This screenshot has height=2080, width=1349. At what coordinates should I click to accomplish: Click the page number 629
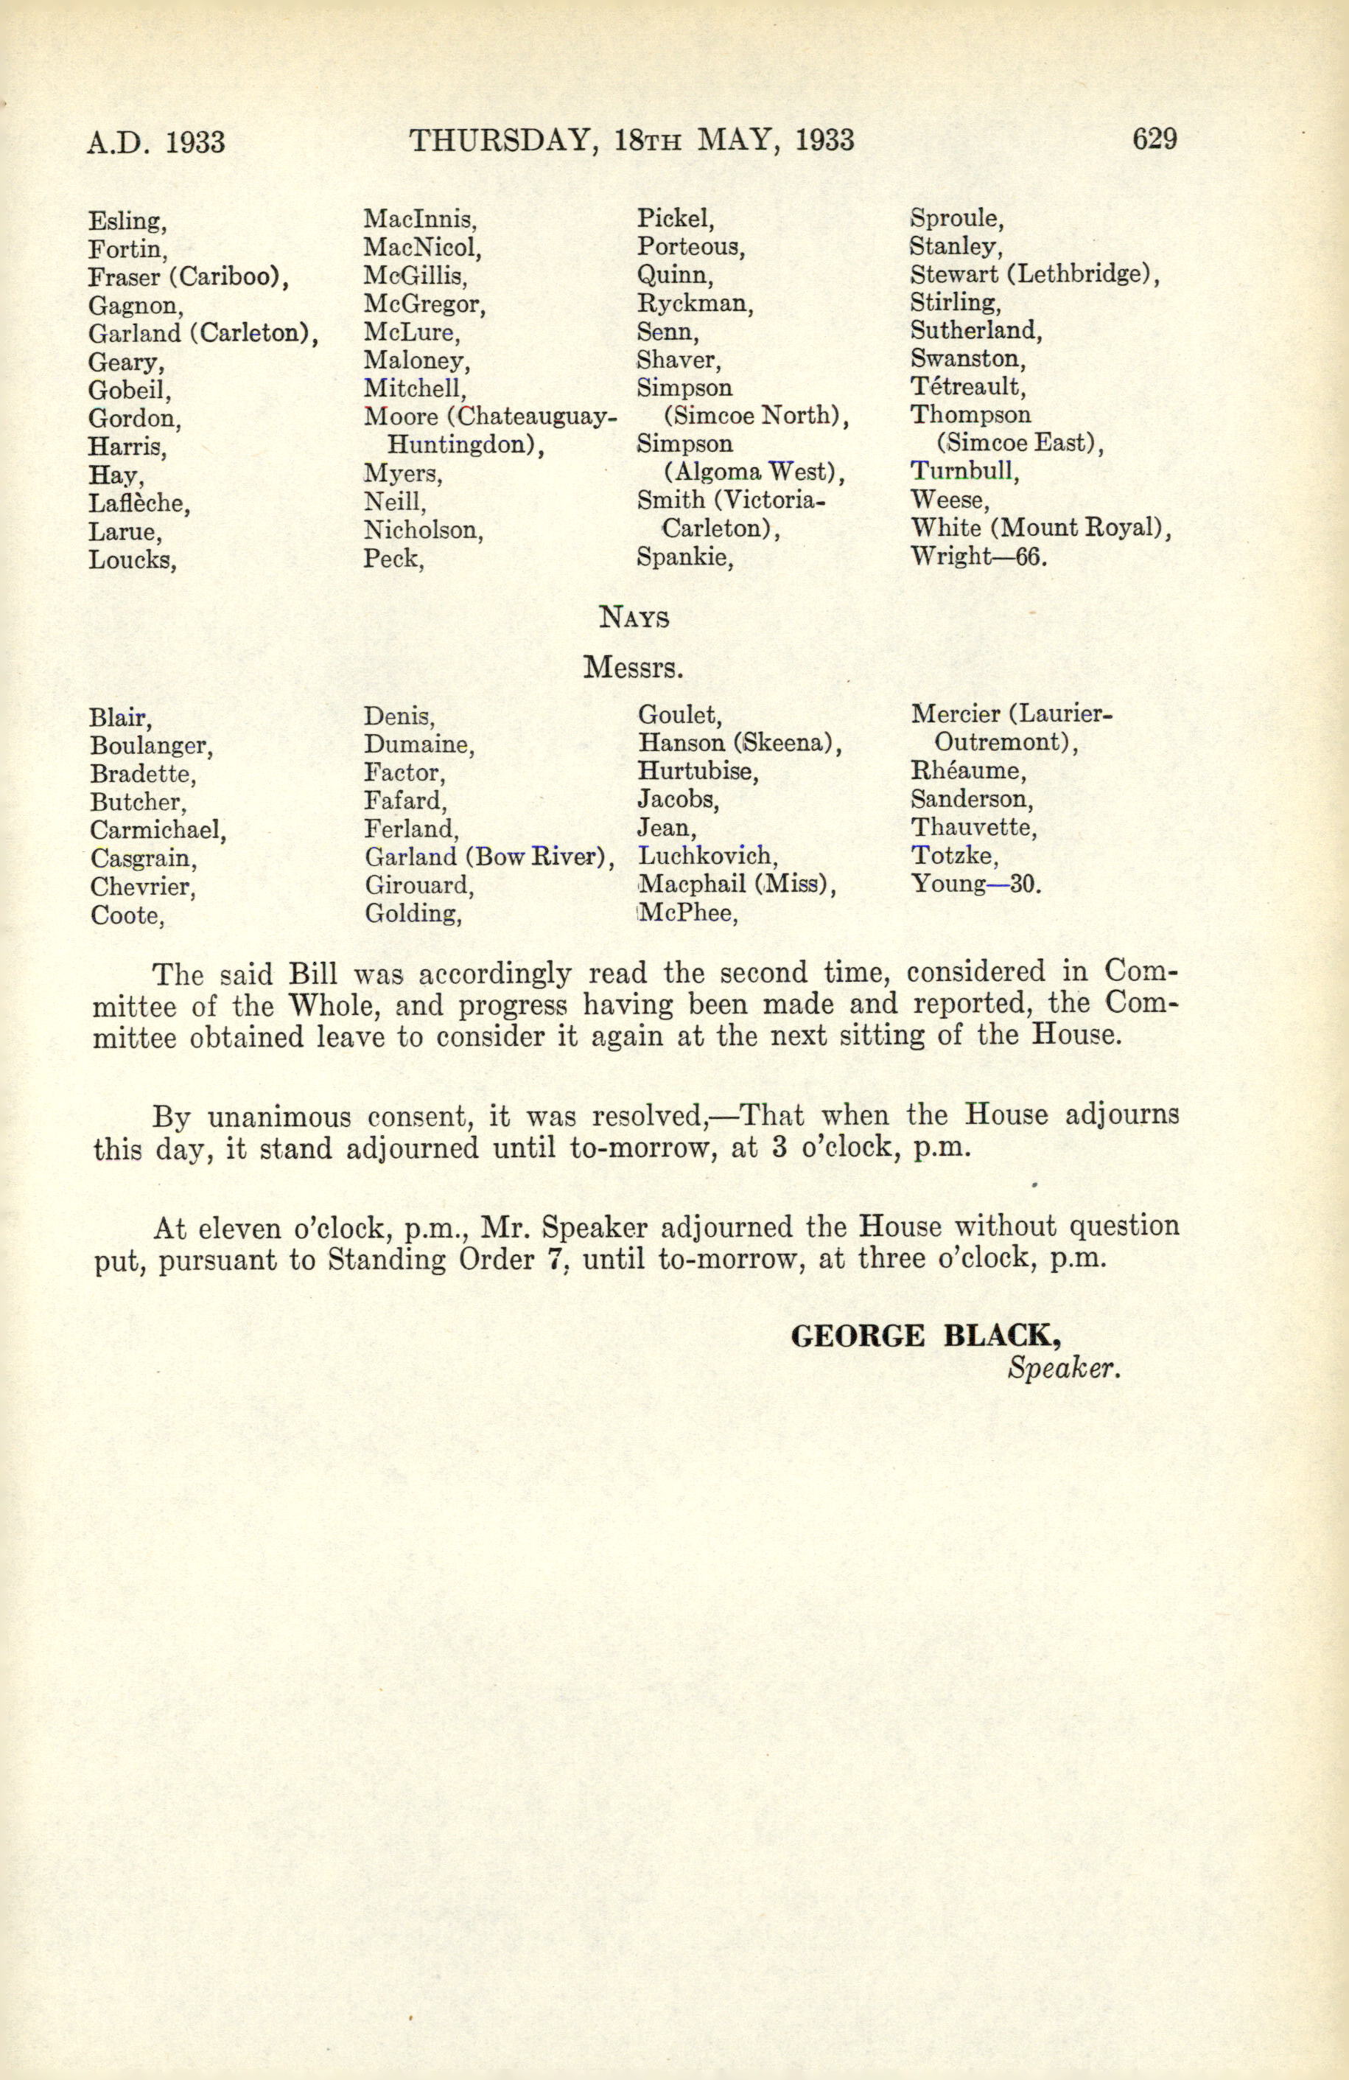(x=1154, y=139)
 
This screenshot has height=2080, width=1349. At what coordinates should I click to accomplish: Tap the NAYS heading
(x=634, y=618)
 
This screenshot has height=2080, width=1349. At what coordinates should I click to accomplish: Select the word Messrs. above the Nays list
(x=633, y=669)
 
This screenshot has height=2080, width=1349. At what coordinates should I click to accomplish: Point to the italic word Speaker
(x=1063, y=1369)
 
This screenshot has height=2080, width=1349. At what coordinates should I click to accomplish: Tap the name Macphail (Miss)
(x=737, y=884)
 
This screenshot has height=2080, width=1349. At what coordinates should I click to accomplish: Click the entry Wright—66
(x=978, y=556)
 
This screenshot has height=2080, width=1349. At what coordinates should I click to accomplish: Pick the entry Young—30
(x=976, y=884)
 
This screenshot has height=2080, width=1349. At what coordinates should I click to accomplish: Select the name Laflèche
(x=139, y=503)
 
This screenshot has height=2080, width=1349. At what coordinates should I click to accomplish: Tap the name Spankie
(x=684, y=556)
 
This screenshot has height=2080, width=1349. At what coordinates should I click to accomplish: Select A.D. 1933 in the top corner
(x=156, y=142)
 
